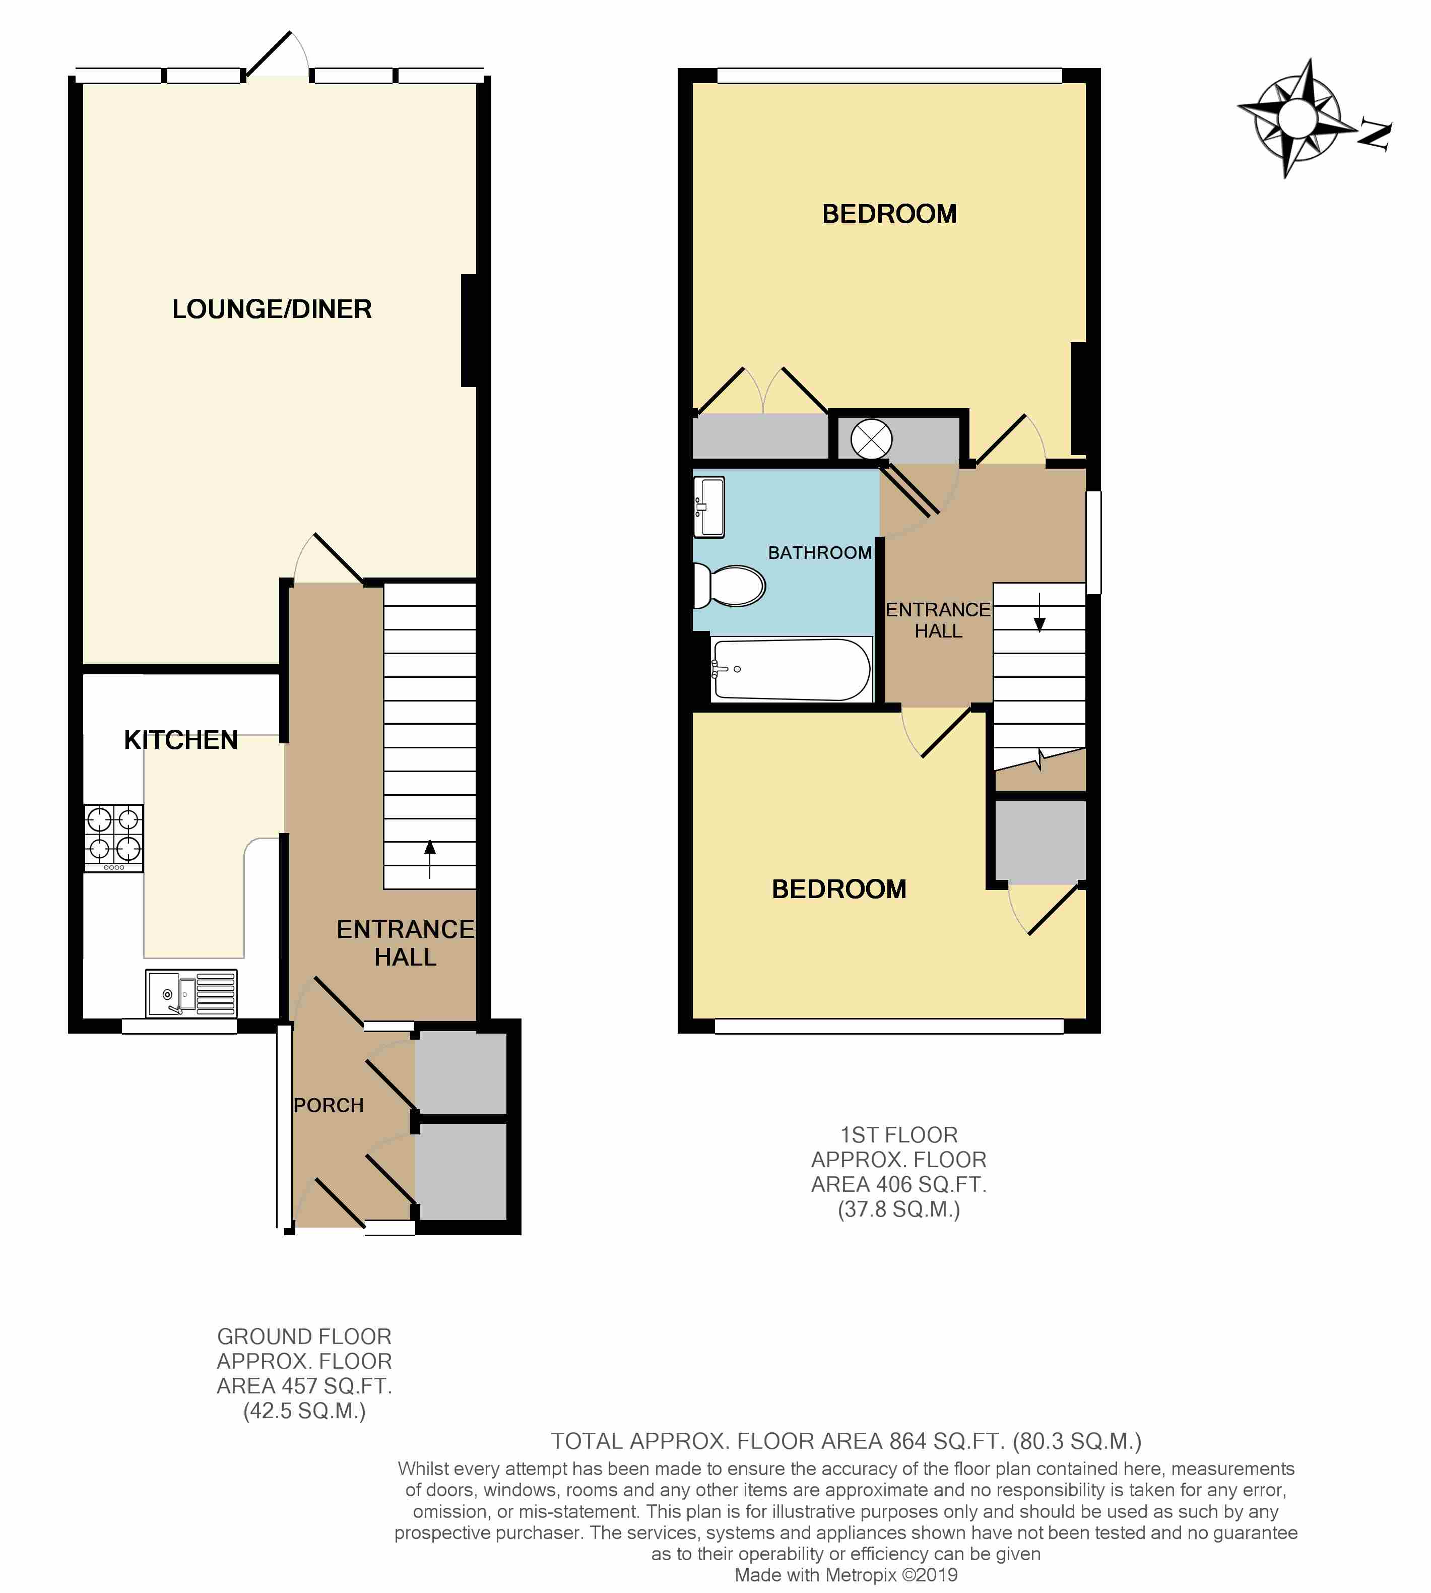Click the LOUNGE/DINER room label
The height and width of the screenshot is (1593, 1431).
click(x=272, y=309)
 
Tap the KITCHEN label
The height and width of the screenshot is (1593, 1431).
click(x=181, y=740)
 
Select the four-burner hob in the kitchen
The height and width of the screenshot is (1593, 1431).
click(x=114, y=838)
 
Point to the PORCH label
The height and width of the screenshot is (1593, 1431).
click(x=329, y=1106)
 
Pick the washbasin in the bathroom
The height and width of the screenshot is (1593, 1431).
click(x=708, y=506)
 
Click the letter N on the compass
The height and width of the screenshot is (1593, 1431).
click(x=1375, y=135)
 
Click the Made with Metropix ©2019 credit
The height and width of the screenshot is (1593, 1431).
click(x=846, y=1575)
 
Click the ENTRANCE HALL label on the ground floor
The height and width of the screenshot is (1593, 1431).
click(x=406, y=943)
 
